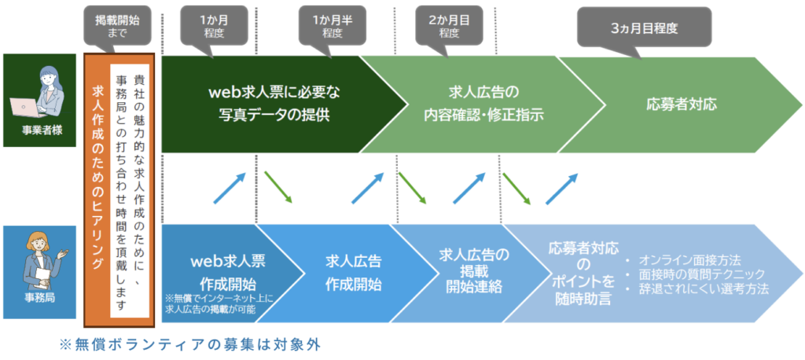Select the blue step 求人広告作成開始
pyautogui.click(x=354, y=272)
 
